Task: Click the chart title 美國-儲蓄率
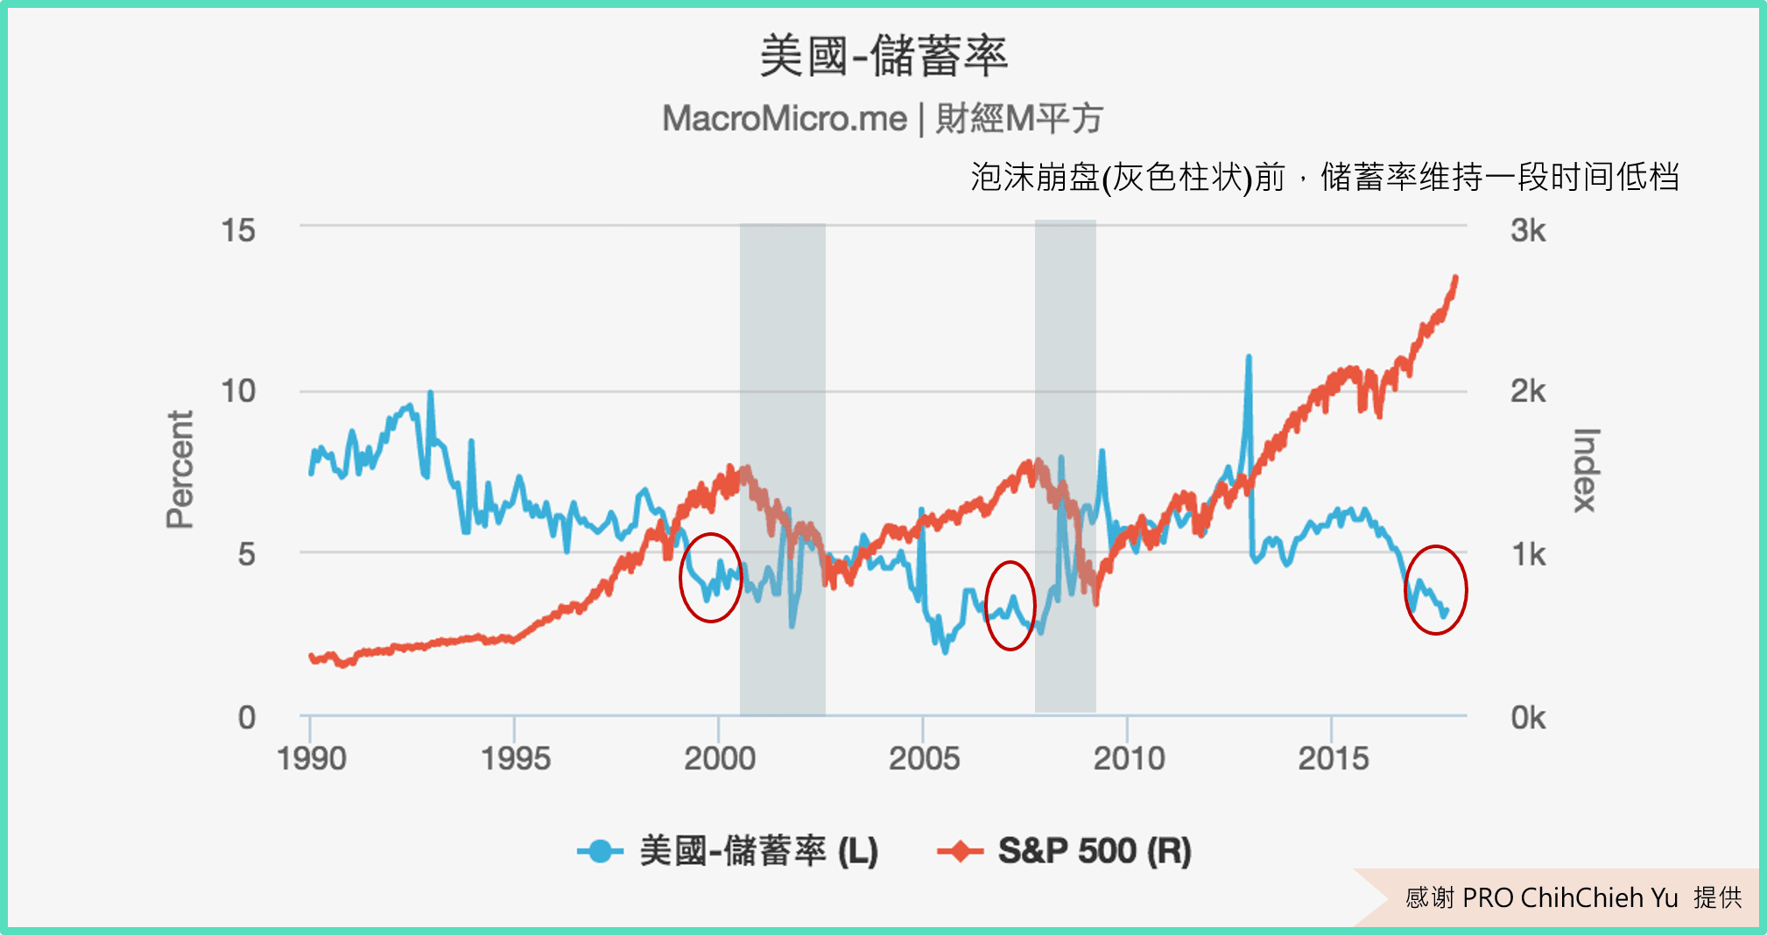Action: coord(883,56)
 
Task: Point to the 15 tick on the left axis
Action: coord(238,230)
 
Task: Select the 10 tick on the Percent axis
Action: coord(238,390)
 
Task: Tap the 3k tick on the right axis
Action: coord(1528,230)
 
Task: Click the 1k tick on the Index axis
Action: coord(1528,554)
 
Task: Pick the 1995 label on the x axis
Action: coord(515,758)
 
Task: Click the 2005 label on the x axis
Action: coord(924,758)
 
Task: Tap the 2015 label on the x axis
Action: coord(1333,758)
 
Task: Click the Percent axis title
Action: coord(180,469)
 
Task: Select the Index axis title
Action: coord(1586,469)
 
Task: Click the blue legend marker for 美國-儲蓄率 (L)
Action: coord(600,851)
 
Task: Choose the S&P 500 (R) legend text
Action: coord(1095,851)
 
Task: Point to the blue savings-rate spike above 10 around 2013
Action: coord(1249,359)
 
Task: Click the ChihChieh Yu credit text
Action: coord(1573,897)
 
